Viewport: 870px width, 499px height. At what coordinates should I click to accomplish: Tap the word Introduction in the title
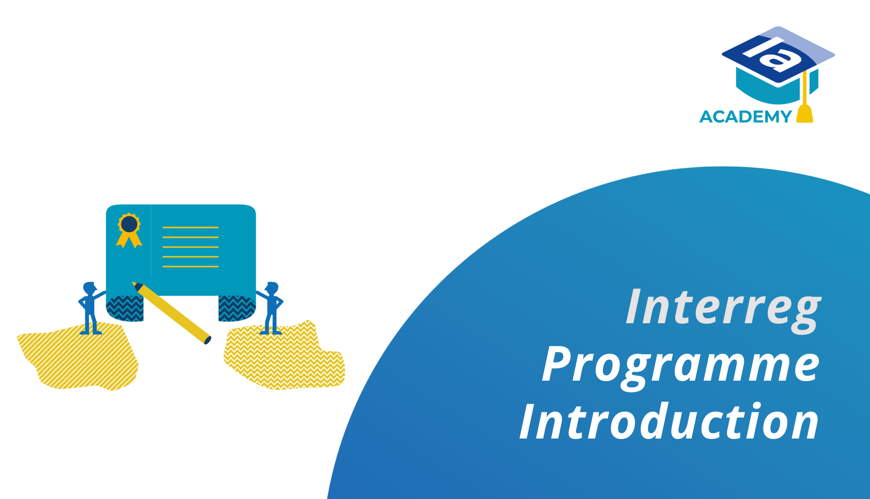pos(669,422)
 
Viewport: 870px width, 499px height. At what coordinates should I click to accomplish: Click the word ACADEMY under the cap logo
pos(746,117)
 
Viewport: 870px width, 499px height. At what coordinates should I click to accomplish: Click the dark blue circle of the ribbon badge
pos(129,224)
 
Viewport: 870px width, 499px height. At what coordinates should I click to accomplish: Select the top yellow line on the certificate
pos(190,228)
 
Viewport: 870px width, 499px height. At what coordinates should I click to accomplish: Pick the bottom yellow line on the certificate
pos(190,266)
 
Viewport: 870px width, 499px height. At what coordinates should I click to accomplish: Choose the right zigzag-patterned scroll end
pos(237,308)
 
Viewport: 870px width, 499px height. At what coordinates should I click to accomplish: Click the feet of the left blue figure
pos(91,333)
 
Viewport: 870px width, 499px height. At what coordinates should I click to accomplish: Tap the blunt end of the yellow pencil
pos(207,340)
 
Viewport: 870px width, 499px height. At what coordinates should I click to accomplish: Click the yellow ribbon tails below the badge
pos(129,240)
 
